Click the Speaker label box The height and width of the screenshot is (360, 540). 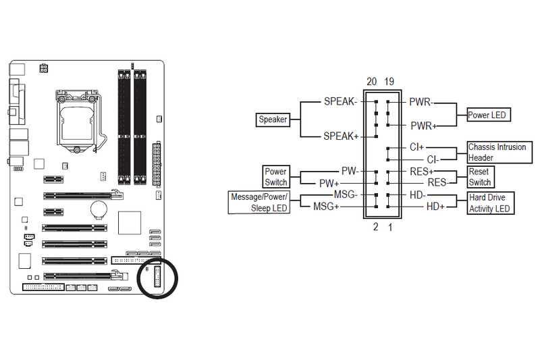point(273,120)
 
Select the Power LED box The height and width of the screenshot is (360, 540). point(489,115)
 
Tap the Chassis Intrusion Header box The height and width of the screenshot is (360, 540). point(500,152)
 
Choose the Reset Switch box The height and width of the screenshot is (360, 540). point(481,177)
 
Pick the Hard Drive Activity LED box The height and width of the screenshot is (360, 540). point(491,203)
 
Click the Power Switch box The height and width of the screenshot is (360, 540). point(276,177)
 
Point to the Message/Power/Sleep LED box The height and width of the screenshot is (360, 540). point(259,202)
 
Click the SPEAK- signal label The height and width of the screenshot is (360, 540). point(340,101)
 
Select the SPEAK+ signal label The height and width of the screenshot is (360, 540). point(341,136)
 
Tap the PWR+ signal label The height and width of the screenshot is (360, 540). point(423,126)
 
